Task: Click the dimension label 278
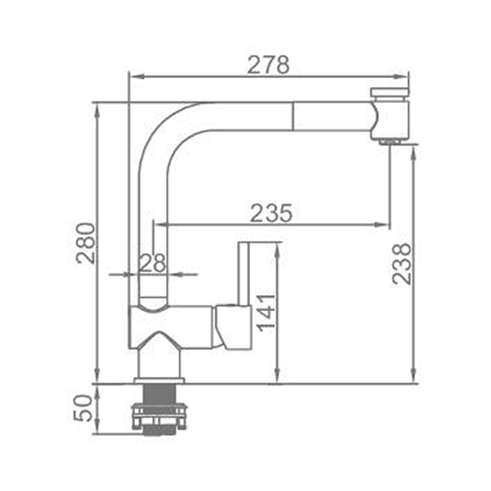(x=269, y=65)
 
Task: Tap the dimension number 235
(x=271, y=213)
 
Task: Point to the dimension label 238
(x=402, y=264)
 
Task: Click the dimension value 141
(x=266, y=312)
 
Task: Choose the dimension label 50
(x=83, y=408)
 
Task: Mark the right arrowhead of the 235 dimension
(x=382, y=224)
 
